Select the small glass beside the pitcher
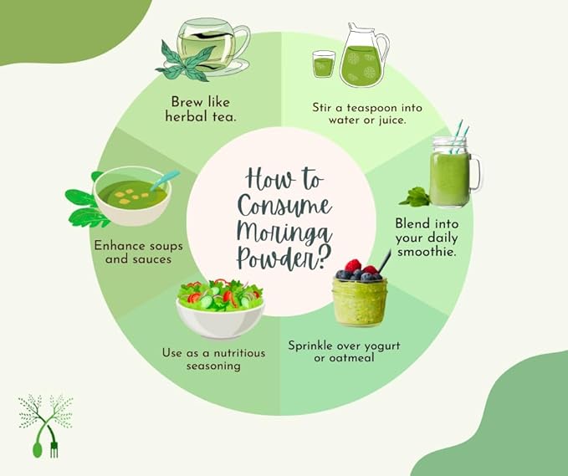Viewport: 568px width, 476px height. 324,64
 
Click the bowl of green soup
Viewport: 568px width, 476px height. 130,197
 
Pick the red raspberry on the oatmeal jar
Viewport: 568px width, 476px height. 354,266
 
